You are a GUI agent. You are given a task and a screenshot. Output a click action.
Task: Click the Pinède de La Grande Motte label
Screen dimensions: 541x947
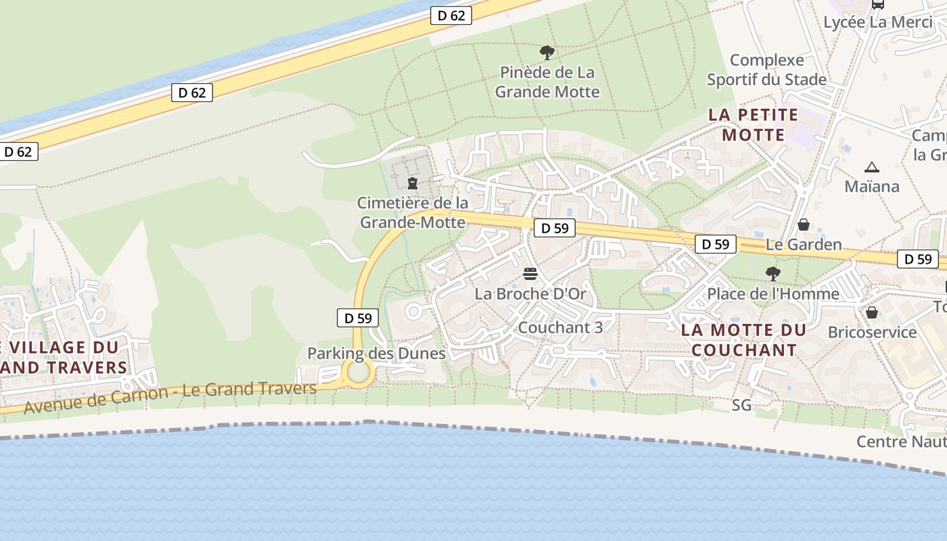(x=547, y=81)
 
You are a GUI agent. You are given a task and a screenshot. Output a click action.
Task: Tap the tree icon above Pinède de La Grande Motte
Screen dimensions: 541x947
(x=547, y=52)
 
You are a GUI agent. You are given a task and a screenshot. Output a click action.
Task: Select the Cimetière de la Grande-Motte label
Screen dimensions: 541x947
(x=413, y=212)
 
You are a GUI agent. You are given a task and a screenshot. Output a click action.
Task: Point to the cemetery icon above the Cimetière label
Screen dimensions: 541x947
(x=413, y=183)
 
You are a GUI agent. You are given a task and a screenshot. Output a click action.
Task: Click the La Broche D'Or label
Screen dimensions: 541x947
(x=530, y=293)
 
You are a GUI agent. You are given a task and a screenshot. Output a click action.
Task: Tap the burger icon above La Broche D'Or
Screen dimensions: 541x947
(x=530, y=274)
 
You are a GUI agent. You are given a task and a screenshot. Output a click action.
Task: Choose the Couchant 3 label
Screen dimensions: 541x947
(x=560, y=327)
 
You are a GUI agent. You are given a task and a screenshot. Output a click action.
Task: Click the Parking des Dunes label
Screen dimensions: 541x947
(x=376, y=353)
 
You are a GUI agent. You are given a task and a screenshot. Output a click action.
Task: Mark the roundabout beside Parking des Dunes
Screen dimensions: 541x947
(x=358, y=371)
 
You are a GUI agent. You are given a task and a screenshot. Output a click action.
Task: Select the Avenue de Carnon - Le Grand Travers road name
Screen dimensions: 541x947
(x=170, y=397)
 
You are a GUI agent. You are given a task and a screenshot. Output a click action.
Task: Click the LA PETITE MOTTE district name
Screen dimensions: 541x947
(x=754, y=124)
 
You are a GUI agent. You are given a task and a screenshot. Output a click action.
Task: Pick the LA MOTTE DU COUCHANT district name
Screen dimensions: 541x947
(x=744, y=340)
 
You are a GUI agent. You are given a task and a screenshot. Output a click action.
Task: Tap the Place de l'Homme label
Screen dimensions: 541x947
(x=773, y=293)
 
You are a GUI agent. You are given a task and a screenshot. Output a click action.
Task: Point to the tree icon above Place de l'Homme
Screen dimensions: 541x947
(x=773, y=274)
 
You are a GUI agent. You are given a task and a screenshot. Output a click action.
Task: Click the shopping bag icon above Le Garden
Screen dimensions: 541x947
(x=804, y=225)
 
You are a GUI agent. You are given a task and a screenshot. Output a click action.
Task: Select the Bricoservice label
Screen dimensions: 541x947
(x=873, y=332)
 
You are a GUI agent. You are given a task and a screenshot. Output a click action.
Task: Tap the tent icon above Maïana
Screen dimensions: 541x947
(x=871, y=167)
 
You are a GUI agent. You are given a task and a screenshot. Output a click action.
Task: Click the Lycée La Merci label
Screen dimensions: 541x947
(x=878, y=22)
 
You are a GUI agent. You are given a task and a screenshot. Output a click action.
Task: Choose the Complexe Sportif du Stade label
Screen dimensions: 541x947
(x=767, y=70)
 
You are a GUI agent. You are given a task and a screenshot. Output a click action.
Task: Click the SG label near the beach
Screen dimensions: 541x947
(x=741, y=405)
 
